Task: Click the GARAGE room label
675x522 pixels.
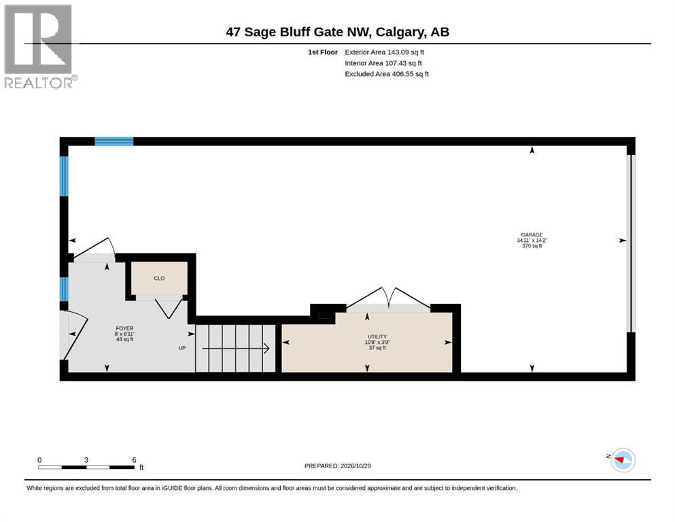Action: coord(532,235)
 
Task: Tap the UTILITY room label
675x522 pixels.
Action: coord(377,336)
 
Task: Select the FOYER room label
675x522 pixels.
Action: coord(124,328)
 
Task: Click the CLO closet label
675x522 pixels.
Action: coord(159,279)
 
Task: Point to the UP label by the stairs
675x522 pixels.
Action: coord(182,348)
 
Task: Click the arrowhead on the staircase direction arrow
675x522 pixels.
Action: coord(266,348)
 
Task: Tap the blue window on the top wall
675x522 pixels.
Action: coord(114,141)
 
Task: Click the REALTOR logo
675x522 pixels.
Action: coord(40,46)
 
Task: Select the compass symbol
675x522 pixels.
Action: coord(623,460)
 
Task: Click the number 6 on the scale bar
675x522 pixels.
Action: coord(135,460)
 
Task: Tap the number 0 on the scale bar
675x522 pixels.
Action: coord(39,460)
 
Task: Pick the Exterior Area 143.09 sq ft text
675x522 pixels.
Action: coord(385,52)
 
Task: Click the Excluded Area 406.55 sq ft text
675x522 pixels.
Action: coord(387,74)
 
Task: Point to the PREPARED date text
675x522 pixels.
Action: coord(337,466)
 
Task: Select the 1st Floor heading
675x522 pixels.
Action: coord(323,52)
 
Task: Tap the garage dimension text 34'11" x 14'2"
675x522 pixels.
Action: coord(532,241)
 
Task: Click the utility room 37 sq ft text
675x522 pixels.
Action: coord(377,348)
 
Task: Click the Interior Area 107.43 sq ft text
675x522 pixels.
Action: coord(383,63)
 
